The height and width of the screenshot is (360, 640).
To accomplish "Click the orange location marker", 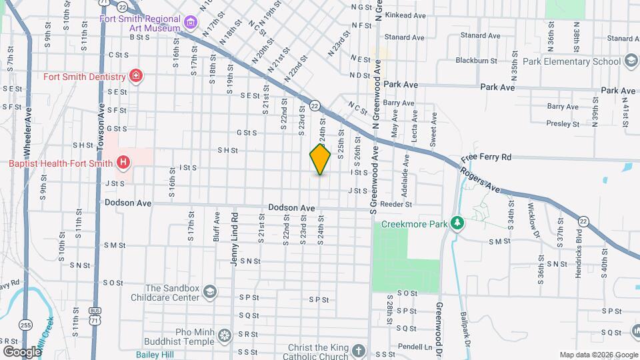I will pyautogui.click(x=320, y=159).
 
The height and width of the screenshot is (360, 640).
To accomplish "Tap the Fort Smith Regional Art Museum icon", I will pyautogui.click(x=191, y=24).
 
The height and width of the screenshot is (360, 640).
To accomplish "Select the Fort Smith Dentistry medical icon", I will pyautogui.click(x=136, y=76).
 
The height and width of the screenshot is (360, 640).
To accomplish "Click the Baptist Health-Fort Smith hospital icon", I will pyautogui.click(x=123, y=162).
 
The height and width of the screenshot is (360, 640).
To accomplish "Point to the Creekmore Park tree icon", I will pyautogui.click(x=457, y=222).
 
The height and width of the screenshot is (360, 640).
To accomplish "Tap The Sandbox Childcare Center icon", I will pyautogui.click(x=210, y=292).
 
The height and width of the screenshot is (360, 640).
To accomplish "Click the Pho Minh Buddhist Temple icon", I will pyautogui.click(x=225, y=334).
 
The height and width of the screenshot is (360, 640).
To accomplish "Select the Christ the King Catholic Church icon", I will pyautogui.click(x=359, y=351).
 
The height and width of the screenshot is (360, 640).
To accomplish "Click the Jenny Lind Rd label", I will pyautogui.click(x=235, y=239).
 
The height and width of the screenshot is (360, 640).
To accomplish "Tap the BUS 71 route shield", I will pyautogui.click(x=96, y=317).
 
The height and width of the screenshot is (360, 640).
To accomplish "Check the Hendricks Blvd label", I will pyautogui.click(x=579, y=247).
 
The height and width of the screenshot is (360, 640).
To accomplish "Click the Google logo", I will pyautogui.click(x=22, y=351).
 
